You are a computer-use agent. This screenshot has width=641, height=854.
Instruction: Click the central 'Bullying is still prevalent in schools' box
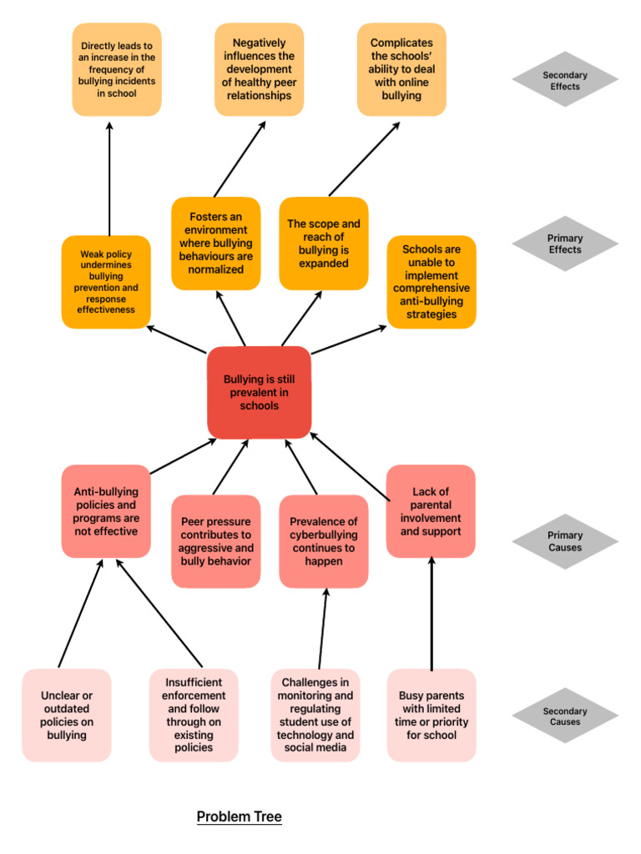coord(259,392)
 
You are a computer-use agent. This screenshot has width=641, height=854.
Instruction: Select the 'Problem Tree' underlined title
coord(239,816)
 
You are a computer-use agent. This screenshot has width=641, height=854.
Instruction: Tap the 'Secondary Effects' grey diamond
coord(565,80)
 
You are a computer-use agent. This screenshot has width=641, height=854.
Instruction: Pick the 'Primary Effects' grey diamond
coord(565,244)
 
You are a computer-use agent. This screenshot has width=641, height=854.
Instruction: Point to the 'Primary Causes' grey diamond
coord(565,541)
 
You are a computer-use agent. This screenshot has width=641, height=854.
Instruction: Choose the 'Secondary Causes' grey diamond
coord(565,716)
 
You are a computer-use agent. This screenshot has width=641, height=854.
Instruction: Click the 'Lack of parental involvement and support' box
coord(431,511)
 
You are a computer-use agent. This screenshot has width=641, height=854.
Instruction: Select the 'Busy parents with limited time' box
coord(432,715)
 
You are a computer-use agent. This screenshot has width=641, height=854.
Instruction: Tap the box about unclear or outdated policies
coord(67,715)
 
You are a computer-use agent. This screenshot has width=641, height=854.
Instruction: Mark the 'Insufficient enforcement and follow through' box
coord(194,715)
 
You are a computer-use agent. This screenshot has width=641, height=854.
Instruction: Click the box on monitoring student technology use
coord(315,715)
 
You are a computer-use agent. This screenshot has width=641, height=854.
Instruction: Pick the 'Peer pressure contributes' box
coord(215,541)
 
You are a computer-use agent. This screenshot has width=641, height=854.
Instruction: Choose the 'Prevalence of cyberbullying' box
coord(324,541)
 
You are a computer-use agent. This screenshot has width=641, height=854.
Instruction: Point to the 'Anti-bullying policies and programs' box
coord(106,511)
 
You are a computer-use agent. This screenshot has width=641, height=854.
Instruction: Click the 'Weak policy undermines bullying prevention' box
coord(106,282)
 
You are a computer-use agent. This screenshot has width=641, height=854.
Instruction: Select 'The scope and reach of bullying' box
coord(324,244)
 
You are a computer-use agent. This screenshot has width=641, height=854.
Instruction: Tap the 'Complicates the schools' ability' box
coord(401,69)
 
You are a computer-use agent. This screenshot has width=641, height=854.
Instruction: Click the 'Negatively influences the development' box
coord(259,69)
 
